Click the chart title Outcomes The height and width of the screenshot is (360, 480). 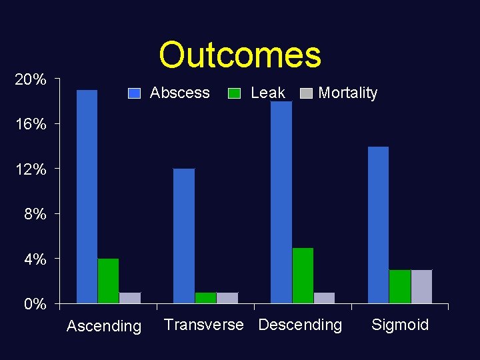pyautogui.click(x=240, y=55)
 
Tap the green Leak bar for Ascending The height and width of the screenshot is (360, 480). pyautogui.click(x=108, y=281)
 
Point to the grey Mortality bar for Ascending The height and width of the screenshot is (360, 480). pyautogui.click(x=130, y=298)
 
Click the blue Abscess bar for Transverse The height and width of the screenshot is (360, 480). pyautogui.click(x=184, y=236)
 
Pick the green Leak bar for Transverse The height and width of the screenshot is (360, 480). pyautogui.click(x=205, y=298)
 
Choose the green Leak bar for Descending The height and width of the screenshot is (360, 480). pyautogui.click(x=303, y=275)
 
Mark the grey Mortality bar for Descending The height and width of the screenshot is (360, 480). pyautogui.click(x=324, y=298)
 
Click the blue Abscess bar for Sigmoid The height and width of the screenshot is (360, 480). pyautogui.click(x=378, y=225)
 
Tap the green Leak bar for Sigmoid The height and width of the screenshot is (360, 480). pyautogui.click(x=400, y=287)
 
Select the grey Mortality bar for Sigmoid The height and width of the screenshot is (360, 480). pyautogui.click(x=421, y=287)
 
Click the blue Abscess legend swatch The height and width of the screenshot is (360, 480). pyautogui.click(x=135, y=93)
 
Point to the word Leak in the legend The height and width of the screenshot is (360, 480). pyautogui.click(x=268, y=93)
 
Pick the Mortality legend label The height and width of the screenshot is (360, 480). pyautogui.click(x=347, y=93)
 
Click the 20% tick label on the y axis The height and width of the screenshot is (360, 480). pyautogui.click(x=31, y=80)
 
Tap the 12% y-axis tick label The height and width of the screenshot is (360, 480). pyautogui.click(x=31, y=169)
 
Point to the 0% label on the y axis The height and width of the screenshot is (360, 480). pyautogui.click(x=35, y=305)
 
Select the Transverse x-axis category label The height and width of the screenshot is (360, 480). pyautogui.click(x=204, y=325)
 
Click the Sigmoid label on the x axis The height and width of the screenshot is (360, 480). pyautogui.click(x=400, y=325)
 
